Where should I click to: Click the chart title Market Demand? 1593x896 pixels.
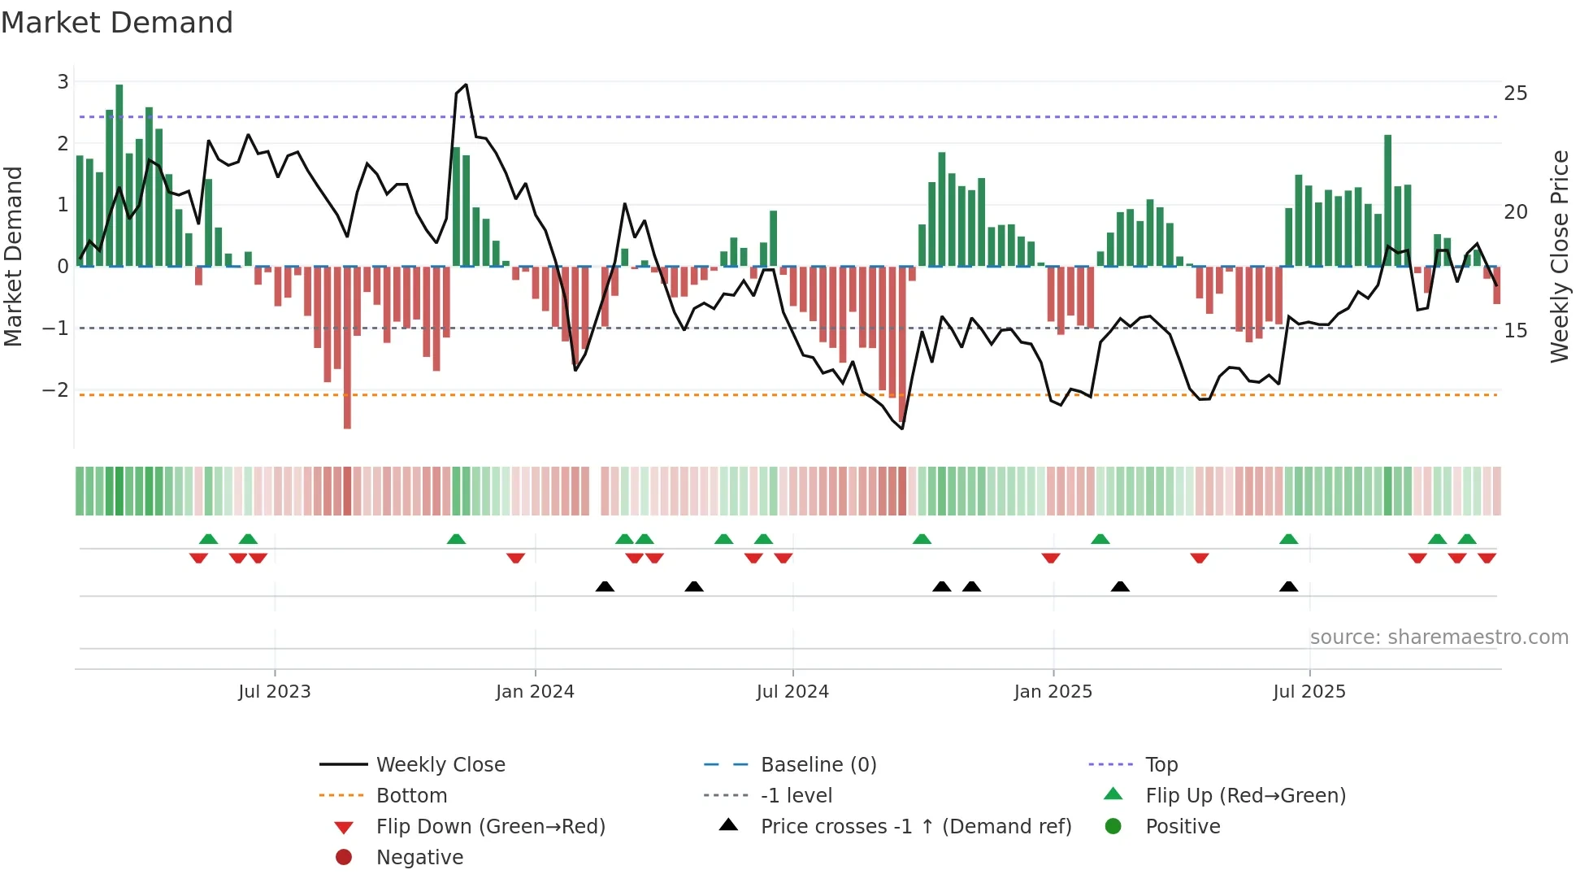click(x=117, y=23)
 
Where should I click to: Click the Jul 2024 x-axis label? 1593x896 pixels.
click(x=792, y=692)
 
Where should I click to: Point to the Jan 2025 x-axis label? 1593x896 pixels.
click(x=1053, y=692)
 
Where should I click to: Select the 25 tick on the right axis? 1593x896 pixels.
click(x=1516, y=94)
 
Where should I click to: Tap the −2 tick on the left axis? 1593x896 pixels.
click(x=56, y=390)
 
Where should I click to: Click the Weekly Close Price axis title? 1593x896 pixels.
click(x=1560, y=256)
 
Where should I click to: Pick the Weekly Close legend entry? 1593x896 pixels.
click(x=440, y=765)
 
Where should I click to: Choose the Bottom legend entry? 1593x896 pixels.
click(x=411, y=796)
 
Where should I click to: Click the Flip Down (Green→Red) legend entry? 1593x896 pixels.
click(x=490, y=827)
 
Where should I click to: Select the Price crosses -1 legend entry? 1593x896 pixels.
click(x=915, y=827)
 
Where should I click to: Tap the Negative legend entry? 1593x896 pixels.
click(x=419, y=858)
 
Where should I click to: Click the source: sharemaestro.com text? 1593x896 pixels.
click(x=1439, y=637)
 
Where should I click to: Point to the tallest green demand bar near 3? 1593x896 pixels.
click(x=119, y=175)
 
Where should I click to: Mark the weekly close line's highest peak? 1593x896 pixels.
click(x=466, y=85)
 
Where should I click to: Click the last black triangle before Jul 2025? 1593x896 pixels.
click(x=1288, y=586)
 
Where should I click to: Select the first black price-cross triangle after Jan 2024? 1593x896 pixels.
click(x=605, y=586)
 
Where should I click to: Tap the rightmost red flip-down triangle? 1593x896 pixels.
click(x=1487, y=558)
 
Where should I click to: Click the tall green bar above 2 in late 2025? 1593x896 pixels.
click(x=1388, y=199)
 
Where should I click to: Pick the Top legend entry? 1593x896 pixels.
click(x=1161, y=765)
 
